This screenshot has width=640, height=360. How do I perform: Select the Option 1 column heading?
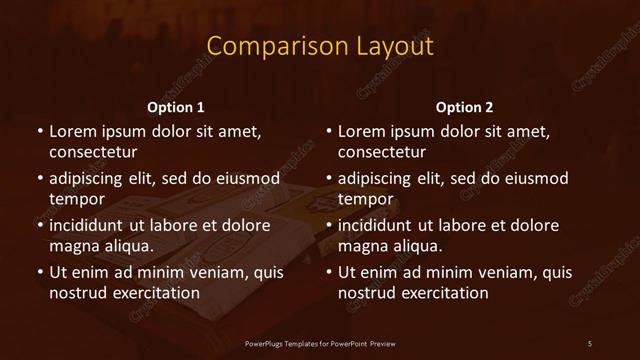click(x=176, y=106)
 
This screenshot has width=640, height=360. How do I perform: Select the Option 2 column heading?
click(x=465, y=106)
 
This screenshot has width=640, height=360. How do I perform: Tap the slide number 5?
click(x=590, y=344)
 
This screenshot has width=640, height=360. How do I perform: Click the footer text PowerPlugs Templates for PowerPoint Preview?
click(x=320, y=344)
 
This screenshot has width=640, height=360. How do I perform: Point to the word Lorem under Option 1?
click(x=72, y=131)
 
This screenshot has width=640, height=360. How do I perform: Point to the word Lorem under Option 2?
click(x=361, y=131)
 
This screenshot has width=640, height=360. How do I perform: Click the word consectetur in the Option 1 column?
click(x=93, y=152)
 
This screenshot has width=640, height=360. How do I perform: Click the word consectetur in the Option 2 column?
click(x=382, y=152)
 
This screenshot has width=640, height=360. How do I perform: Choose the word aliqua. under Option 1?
click(x=130, y=246)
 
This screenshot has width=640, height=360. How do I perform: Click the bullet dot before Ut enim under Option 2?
click(x=329, y=272)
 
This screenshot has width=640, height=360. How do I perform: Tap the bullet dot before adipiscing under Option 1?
click(x=40, y=178)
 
